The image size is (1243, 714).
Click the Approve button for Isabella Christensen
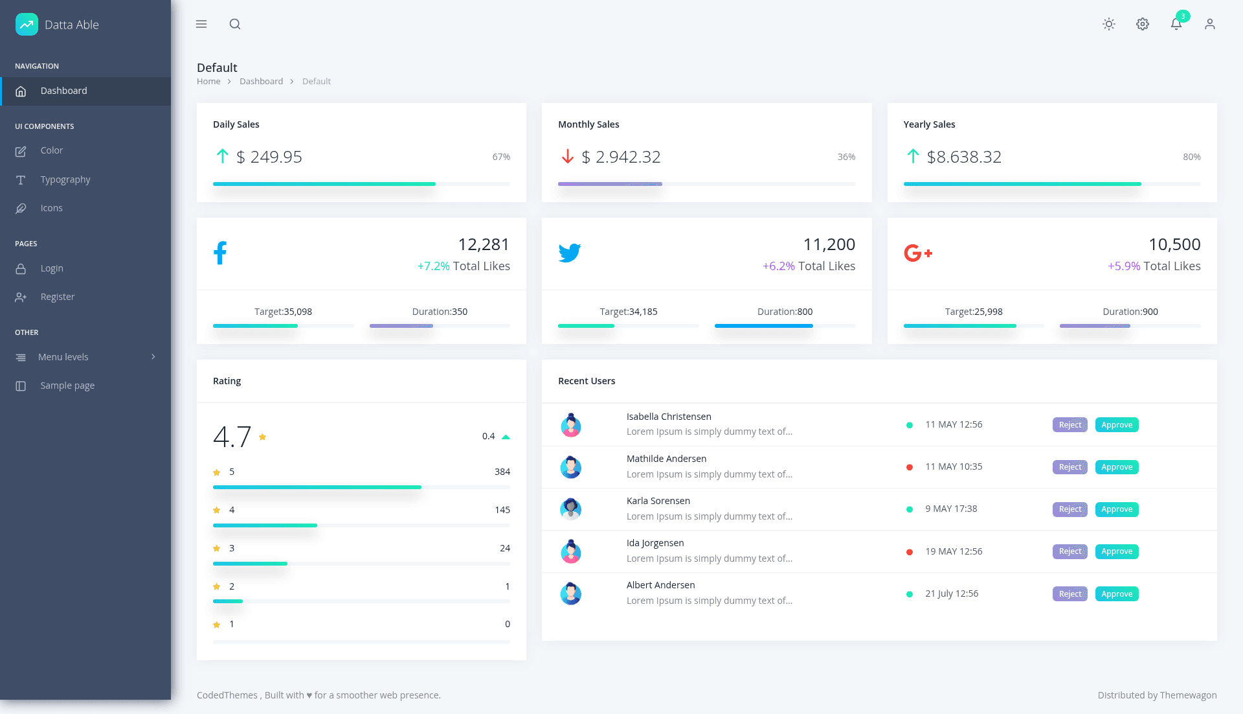pos(1117,425)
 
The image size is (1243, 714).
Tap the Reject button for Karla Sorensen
pos(1070,509)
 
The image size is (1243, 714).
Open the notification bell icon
pos(1176,24)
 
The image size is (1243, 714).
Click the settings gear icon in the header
pos(1143,24)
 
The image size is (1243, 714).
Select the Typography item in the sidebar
pos(65,179)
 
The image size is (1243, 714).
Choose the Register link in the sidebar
pos(58,297)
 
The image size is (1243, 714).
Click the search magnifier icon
pos(235,24)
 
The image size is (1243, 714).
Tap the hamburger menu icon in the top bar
pos(201,24)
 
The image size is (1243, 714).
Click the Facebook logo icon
pos(220,253)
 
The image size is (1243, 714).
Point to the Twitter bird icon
pos(570,253)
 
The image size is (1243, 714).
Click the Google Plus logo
pos(918,253)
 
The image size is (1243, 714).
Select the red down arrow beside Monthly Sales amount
pos(568,156)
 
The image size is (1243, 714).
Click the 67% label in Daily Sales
pos(501,157)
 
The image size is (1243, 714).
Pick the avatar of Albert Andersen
pos(570,593)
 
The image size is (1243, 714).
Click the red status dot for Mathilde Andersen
pos(910,467)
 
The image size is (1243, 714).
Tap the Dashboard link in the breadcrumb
pos(261,81)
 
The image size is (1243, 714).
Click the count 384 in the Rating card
pos(502,472)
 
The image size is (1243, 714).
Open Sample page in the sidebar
pos(67,386)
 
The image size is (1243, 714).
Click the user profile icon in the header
pos(1210,24)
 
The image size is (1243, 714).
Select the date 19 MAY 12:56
pos(954,551)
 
